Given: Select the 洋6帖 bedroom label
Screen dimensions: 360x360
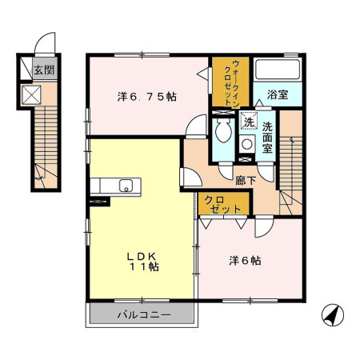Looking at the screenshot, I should pos(246,260).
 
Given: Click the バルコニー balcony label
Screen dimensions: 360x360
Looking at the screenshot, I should pos(144,314).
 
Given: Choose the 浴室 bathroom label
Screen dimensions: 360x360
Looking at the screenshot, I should pos(278,94).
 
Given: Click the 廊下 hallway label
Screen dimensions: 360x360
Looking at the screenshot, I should pos(246,181).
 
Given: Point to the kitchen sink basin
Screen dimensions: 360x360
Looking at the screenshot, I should pos(126,186).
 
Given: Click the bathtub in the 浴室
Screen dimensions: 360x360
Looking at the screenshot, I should pos(277,70).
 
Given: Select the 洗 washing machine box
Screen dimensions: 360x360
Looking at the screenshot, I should pos(249,123).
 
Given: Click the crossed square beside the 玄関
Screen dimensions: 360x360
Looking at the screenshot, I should pos(33,94).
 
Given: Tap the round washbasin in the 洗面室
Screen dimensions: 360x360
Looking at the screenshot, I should pos(247,145).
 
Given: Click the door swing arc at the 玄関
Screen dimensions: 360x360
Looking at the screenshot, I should pos(47,45).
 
